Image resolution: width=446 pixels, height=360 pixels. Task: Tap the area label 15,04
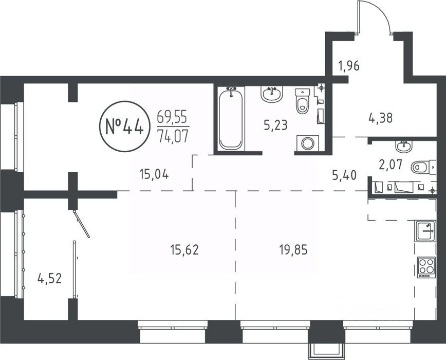[154, 174]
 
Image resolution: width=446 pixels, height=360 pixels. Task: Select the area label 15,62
[184, 249]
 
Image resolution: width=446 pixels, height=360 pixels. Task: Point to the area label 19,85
[293, 250]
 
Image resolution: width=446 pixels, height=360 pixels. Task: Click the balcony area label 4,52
[49, 278]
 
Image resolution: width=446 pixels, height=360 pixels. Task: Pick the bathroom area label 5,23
[275, 125]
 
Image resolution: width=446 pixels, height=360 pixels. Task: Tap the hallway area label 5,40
[344, 175]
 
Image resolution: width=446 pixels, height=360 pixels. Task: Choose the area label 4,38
[381, 118]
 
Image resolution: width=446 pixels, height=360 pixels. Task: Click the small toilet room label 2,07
[391, 165]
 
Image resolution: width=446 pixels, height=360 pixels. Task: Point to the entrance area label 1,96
[349, 66]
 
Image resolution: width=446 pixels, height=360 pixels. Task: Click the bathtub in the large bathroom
[231, 118]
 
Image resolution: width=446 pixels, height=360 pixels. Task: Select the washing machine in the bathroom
[307, 143]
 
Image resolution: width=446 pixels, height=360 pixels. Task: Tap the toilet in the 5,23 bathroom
[302, 101]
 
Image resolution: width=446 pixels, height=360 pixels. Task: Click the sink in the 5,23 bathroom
[272, 94]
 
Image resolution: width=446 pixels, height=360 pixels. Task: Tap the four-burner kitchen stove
[426, 267]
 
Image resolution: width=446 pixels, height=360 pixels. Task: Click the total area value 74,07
[173, 136]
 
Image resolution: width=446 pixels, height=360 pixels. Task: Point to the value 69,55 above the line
[172, 116]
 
